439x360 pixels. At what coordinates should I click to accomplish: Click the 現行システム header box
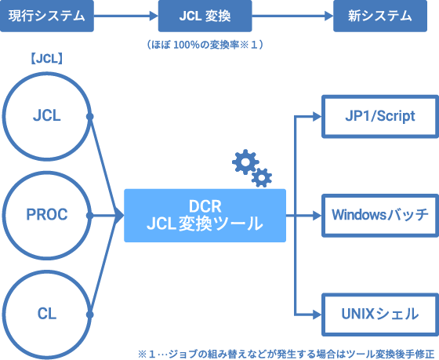coord(47,16)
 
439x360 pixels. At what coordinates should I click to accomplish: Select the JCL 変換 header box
coord(205,16)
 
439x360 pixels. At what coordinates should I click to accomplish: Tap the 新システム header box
coord(380,16)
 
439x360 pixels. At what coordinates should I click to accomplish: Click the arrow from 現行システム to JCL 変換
coord(126,16)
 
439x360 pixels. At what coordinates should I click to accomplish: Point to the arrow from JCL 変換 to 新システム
coord(292,16)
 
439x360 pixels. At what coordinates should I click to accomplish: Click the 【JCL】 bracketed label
coord(46,59)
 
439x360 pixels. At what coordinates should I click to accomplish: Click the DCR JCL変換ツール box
coord(205,216)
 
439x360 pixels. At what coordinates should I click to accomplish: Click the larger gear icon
coord(245,162)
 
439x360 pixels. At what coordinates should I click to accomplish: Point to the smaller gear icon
coord(262,177)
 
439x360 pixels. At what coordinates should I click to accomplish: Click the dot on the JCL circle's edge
coord(90,117)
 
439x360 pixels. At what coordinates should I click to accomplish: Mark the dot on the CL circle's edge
coord(90,315)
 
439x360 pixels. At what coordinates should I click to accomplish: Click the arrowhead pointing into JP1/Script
coord(317,117)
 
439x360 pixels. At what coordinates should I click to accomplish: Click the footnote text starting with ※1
coord(286,354)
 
